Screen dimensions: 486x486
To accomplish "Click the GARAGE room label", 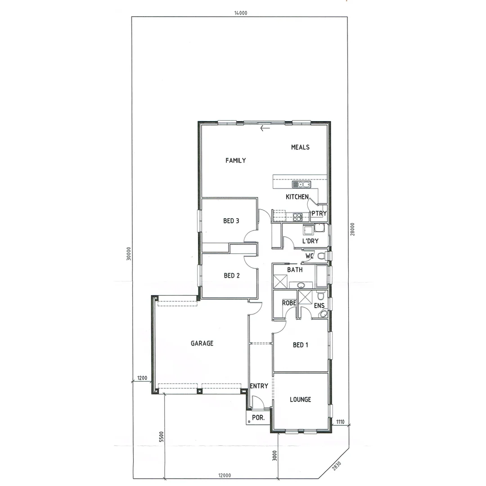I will click(x=202, y=343).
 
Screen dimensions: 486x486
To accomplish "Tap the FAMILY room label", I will click(x=236, y=160).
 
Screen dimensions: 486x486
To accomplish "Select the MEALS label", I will click(x=300, y=147).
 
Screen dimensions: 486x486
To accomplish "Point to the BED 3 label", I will click(x=231, y=221).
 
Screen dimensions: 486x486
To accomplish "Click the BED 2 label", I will click(x=231, y=275).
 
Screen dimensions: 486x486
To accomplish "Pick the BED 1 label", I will click(x=301, y=345).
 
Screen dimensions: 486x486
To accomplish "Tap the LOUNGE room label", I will click(x=300, y=399).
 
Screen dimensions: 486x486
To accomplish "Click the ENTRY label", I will click(x=259, y=386).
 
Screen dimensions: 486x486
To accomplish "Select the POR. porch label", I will click(x=258, y=418).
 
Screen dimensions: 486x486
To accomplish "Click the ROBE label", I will click(x=289, y=303).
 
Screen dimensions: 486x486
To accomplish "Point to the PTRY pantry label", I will click(x=319, y=213).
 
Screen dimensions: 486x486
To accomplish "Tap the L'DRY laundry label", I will click(x=310, y=241).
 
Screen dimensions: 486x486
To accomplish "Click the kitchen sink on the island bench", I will click(x=301, y=184).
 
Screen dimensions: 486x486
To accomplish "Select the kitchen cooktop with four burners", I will click(x=297, y=217).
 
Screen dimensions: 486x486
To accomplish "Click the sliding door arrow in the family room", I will click(x=265, y=128).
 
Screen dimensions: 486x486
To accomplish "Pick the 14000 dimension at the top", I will click(x=240, y=13).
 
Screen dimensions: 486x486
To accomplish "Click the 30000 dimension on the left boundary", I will click(x=128, y=253).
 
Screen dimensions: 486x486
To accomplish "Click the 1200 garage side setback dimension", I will click(x=142, y=378).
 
